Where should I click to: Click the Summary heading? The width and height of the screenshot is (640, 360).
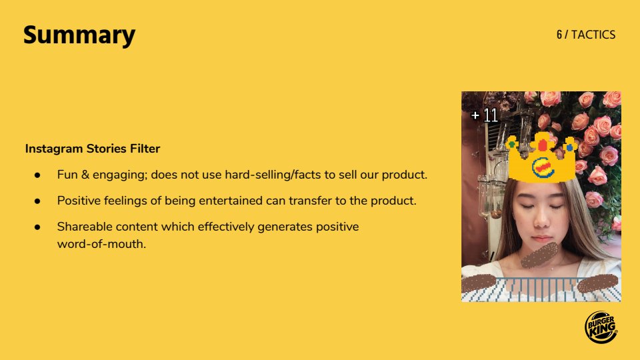tap(79, 35)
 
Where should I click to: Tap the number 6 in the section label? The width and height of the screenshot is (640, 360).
tap(559, 35)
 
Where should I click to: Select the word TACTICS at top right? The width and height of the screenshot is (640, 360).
tap(593, 35)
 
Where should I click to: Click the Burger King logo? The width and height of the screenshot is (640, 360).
tap(601, 327)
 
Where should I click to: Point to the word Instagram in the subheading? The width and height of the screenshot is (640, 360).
tap(54, 149)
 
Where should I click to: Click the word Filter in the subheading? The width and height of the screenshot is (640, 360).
tap(145, 149)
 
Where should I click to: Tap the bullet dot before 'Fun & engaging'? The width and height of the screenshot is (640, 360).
tap(37, 175)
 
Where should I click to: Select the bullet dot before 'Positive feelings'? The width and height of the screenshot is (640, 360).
tap(37, 201)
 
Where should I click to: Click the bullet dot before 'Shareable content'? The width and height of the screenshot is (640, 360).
tap(37, 227)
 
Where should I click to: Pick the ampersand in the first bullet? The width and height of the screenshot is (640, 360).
tap(85, 175)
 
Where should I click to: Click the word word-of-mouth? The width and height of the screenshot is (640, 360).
tap(101, 244)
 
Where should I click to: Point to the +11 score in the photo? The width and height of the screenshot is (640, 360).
tap(485, 115)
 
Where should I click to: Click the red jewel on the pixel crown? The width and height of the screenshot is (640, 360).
tap(543, 145)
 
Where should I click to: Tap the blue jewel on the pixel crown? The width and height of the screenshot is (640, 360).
tap(569, 147)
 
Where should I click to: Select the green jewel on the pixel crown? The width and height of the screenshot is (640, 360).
tap(511, 144)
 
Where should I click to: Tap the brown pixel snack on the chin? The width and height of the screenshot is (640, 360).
tap(539, 255)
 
